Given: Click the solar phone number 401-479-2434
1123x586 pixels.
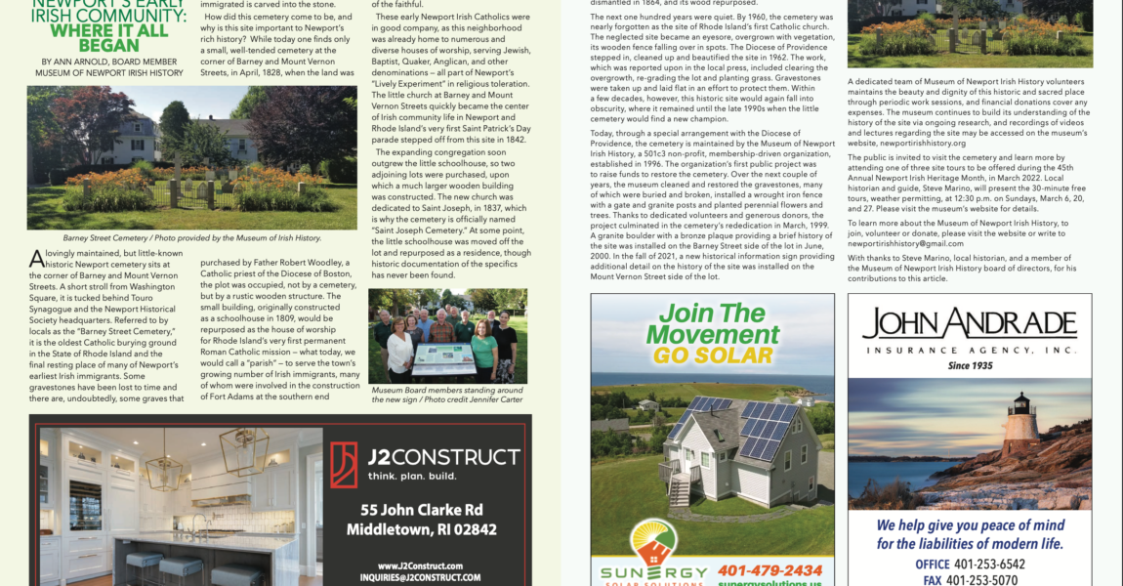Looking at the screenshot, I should (769, 570).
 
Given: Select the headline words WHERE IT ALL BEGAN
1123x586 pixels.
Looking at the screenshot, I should (95, 37).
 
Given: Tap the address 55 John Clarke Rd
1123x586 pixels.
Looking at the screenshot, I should (421, 510).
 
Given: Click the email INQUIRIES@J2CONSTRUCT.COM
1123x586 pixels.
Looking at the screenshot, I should (421, 577).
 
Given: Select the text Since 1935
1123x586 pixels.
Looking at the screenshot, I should (970, 365).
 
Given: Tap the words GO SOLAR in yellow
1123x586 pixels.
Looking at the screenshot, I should (713, 355).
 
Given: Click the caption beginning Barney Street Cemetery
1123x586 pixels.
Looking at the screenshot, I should (191, 237).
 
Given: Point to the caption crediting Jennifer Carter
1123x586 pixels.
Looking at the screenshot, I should (447, 394).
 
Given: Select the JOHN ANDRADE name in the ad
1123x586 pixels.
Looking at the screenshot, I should (970, 324).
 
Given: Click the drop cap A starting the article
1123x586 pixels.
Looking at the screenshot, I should (36, 258).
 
